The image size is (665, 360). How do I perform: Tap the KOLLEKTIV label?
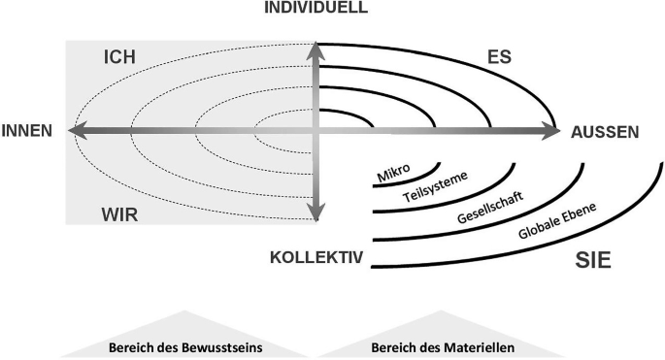(316, 258)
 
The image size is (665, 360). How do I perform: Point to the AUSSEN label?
(605, 133)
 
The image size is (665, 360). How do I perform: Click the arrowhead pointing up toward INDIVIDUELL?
(316, 50)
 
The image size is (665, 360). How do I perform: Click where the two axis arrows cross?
(316, 130)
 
